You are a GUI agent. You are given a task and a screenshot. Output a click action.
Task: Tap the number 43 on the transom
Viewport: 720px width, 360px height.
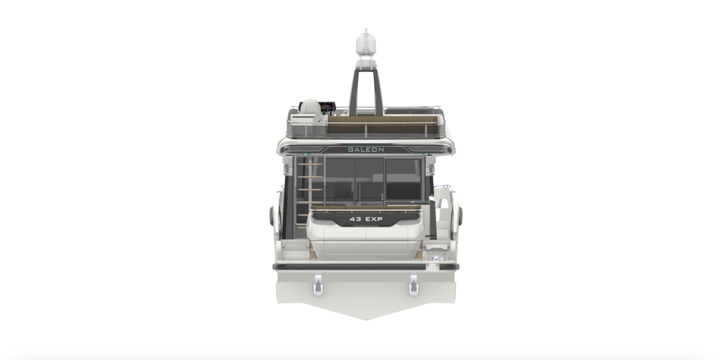[x=355, y=219]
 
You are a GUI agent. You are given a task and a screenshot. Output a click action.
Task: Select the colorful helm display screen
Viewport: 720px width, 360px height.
[x=327, y=107]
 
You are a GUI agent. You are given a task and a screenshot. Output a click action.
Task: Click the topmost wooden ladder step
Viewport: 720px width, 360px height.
[x=310, y=164]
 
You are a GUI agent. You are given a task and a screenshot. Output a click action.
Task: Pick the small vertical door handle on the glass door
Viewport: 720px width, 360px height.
[x=382, y=197]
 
